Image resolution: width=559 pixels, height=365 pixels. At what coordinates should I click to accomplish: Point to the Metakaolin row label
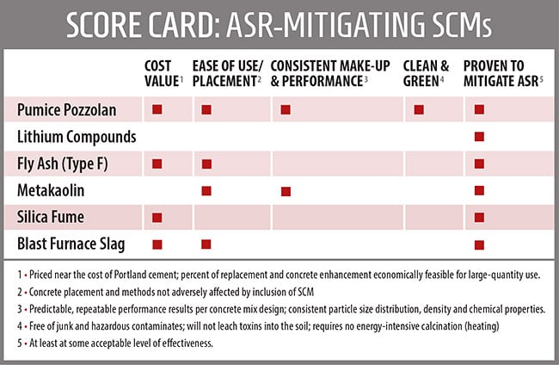click(48, 189)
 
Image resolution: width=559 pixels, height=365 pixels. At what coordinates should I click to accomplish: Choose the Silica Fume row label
click(50, 217)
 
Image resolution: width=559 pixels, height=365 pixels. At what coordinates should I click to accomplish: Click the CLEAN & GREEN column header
click(427, 71)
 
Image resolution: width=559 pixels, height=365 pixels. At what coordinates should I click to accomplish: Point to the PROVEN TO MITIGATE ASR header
click(501, 71)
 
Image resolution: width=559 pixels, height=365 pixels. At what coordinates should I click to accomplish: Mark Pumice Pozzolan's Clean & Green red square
click(419, 109)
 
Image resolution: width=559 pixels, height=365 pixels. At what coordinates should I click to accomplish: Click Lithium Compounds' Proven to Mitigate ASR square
click(479, 136)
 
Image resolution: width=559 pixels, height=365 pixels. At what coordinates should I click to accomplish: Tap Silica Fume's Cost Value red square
click(157, 217)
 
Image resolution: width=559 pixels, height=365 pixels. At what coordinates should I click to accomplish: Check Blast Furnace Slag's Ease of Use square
click(206, 244)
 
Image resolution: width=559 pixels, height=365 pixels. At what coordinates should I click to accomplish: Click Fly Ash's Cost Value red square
click(157, 163)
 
